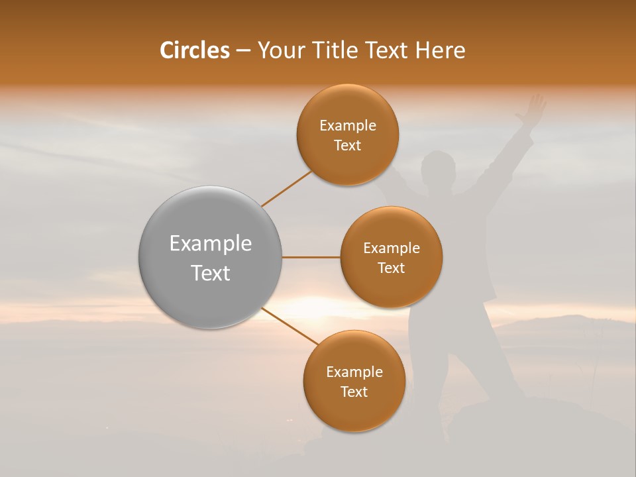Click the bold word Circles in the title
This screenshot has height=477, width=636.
pyautogui.click(x=194, y=50)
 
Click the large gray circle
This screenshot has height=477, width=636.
pyautogui.click(x=210, y=291)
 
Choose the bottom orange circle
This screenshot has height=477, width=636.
pyautogui.click(x=354, y=411)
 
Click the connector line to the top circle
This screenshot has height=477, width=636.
pyautogui.click(x=286, y=188)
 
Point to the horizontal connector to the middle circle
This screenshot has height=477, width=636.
pyautogui.click(x=311, y=257)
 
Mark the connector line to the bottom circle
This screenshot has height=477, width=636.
pyautogui.click(x=290, y=325)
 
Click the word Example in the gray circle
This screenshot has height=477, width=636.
pyautogui.click(x=211, y=244)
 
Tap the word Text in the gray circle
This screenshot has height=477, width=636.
pyautogui.click(x=211, y=273)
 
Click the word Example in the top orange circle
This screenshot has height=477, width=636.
pyautogui.click(x=348, y=126)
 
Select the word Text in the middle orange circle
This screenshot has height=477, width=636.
pyautogui.click(x=391, y=268)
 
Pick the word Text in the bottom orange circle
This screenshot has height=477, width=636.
pyautogui.click(x=354, y=392)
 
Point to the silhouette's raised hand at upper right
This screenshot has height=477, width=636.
pyautogui.click(x=532, y=109)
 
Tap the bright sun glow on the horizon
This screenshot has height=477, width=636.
pyautogui.click(x=311, y=307)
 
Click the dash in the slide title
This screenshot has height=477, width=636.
pyautogui.click(x=243, y=51)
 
